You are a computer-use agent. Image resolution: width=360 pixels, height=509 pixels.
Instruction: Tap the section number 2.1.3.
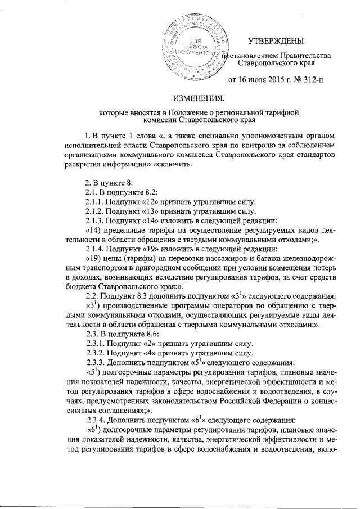pos(95,220)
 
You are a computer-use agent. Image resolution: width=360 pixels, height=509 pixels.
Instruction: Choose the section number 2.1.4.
pos(95,250)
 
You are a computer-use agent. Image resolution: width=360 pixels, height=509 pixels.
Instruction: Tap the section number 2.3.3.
pos(95,363)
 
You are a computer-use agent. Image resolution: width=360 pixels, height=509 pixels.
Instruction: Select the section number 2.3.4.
pos(95,421)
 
